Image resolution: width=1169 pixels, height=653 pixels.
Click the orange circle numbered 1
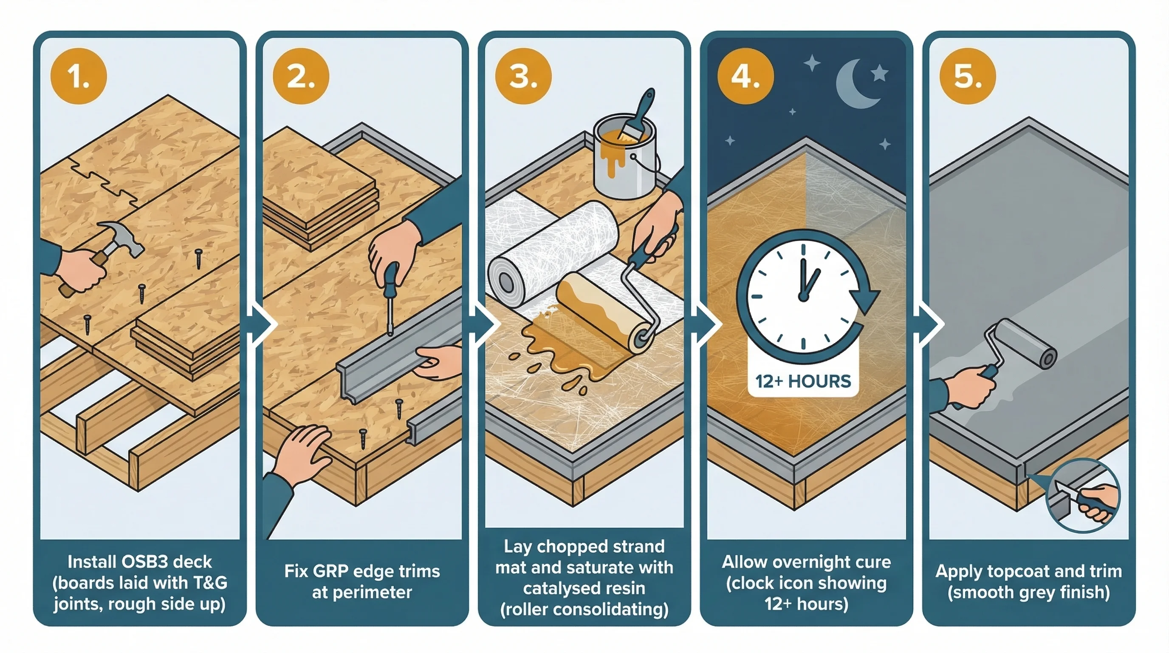tap(79, 76)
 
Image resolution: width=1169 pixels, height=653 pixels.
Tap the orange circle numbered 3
tap(523, 76)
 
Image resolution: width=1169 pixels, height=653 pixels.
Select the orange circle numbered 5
tap(968, 76)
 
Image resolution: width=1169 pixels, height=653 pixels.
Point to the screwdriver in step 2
tap(390, 298)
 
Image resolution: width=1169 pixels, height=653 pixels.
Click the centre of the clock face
tap(803, 298)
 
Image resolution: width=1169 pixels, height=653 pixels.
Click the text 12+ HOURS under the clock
tap(803, 381)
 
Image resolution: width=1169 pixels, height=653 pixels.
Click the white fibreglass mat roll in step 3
tap(551, 254)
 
